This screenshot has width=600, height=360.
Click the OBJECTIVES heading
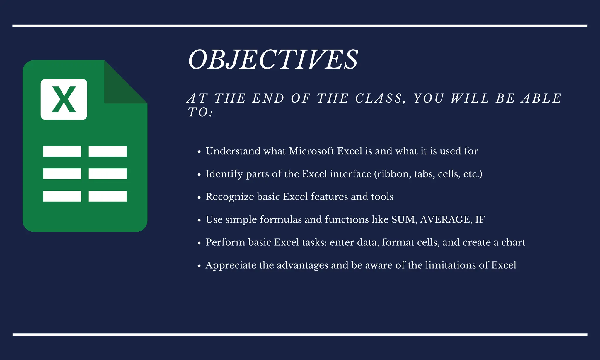[x=273, y=60]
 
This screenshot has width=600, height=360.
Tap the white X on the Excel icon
[x=64, y=100]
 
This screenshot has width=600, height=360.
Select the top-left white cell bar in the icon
[x=62, y=151]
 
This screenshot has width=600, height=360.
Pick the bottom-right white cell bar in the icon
[x=108, y=196]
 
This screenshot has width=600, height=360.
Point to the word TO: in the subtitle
[x=200, y=112]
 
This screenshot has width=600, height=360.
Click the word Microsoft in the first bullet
[x=311, y=151]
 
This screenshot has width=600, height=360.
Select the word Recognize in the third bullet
[x=230, y=197]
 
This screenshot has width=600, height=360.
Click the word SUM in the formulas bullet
[x=404, y=219]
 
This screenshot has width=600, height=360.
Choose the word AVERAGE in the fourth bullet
[x=446, y=219]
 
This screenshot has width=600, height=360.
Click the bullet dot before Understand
[x=199, y=152]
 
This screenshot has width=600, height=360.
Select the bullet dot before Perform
[x=199, y=243]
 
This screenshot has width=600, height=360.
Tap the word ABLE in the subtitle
[x=541, y=98]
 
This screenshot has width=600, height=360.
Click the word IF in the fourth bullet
[x=480, y=219]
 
